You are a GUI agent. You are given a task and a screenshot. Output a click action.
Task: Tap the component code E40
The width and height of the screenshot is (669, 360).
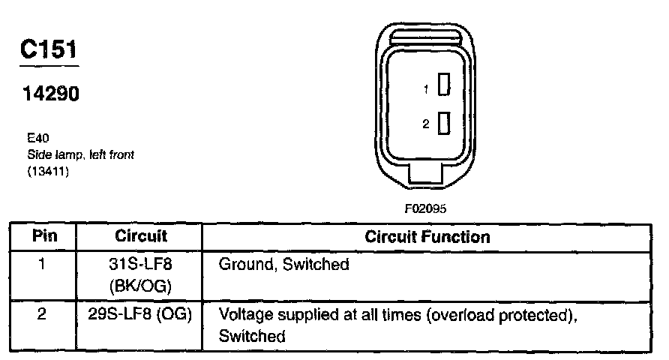coord(37,139)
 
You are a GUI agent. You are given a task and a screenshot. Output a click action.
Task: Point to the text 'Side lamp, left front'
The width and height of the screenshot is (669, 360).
coord(79,154)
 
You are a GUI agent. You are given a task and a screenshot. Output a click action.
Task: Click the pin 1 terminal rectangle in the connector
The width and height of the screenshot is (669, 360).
coord(444,87)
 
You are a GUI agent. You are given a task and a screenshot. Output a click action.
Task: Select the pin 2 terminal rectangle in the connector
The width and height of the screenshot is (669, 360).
coord(444,122)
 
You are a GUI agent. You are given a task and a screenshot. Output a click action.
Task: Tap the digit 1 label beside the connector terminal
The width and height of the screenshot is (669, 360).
coord(426,89)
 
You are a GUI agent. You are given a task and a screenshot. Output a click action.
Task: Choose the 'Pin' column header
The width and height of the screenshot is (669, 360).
coord(43,236)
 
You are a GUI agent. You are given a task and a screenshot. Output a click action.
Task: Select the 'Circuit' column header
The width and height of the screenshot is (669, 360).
coord(140,236)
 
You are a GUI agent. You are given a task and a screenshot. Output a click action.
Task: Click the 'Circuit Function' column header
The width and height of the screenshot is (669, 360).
coord(427,237)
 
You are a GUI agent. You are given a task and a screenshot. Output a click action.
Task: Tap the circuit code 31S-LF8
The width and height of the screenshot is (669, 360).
coord(140,264)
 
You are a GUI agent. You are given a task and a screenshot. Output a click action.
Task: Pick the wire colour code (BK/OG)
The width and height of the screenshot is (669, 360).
coord(140,286)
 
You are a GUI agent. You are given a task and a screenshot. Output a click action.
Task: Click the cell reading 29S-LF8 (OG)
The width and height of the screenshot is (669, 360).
coord(140,315)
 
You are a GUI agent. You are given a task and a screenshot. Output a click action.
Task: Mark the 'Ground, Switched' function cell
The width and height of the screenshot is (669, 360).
coord(283,265)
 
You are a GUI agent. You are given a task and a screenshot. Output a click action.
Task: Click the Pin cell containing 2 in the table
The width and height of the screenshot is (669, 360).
coord(43,315)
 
